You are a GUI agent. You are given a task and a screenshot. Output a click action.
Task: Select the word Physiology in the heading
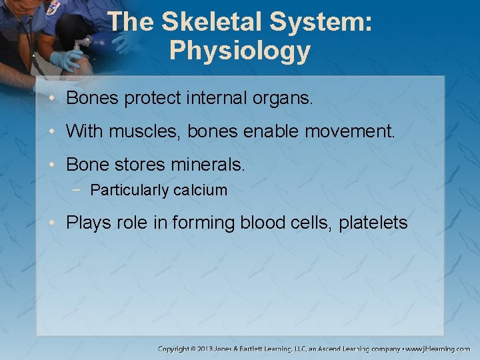[240, 51]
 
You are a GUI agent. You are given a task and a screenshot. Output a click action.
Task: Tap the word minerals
[209, 163]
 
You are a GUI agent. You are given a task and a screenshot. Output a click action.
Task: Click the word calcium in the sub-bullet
[200, 191]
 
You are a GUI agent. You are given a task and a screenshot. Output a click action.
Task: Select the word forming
[202, 223]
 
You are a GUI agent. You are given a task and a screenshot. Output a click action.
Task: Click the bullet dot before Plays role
[53, 223]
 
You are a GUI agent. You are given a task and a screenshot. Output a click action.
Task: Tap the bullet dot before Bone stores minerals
[53, 163]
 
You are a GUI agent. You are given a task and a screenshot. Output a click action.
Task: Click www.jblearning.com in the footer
[438, 349]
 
